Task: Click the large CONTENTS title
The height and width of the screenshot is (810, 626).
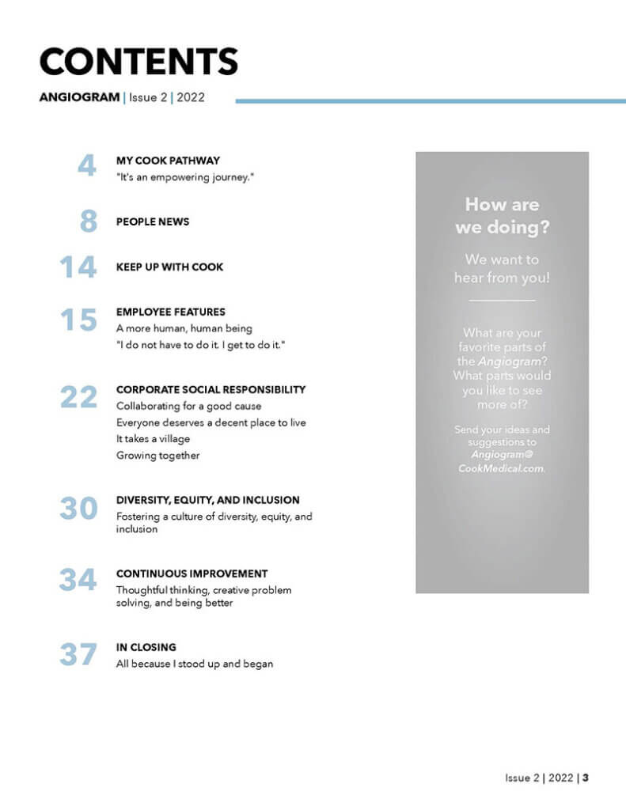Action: coord(138,62)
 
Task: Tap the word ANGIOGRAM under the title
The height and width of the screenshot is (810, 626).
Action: coord(80,99)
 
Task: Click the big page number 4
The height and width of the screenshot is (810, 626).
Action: coord(86,166)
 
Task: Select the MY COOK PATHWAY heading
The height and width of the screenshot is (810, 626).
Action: coord(168,160)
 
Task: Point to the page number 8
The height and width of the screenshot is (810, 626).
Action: coord(88,221)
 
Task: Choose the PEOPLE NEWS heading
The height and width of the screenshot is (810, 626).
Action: coord(153,221)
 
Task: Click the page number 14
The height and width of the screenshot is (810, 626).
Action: coord(78,267)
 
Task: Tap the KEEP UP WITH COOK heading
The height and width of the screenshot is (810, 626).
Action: coord(169,267)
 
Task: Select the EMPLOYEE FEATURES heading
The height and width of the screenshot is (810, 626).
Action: coord(170,312)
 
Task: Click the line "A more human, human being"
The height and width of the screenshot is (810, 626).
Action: coord(184,328)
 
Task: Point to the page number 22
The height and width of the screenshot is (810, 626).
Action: coord(78,397)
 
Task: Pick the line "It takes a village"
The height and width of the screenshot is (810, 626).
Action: coord(153,439)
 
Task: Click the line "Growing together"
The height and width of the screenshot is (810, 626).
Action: coord(157,456)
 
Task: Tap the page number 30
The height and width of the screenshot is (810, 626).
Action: coord(78,509)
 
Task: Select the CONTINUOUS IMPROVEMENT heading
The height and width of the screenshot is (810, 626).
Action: coord(192,573)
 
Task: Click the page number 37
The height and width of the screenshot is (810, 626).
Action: coord(78,655)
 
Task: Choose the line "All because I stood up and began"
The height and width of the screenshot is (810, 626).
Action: coord(194,664)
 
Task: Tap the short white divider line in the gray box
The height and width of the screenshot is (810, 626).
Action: coord(502,301)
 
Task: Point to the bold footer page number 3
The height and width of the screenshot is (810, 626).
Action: coord(586,778)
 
